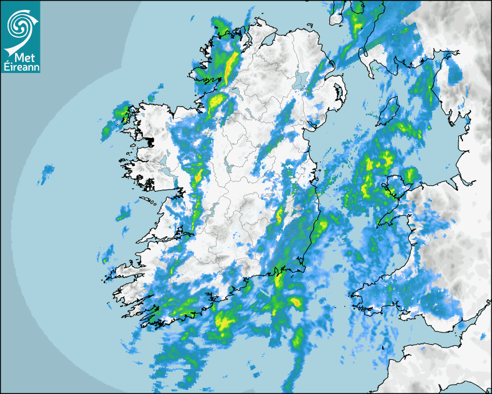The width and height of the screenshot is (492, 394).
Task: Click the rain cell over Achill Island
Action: click(122, 111)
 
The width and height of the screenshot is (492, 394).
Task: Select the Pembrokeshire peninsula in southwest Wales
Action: click(365, 295)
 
